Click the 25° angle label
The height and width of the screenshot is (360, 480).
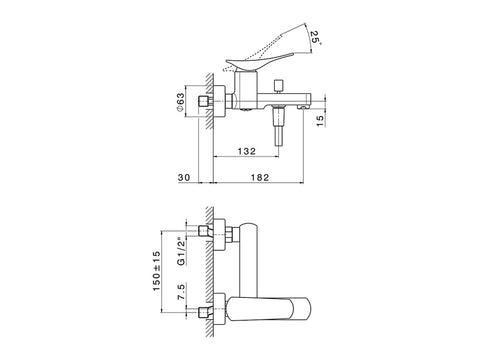[x=316, y=38]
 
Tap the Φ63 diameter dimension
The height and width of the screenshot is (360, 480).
[x=180, y=102]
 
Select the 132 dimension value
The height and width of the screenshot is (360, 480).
[x=247, y=151]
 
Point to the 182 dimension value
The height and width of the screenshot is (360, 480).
[x=260, y=177]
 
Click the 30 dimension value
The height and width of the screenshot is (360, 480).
[x=184, y=177]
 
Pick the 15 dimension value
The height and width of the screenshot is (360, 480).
[x=320, y=121]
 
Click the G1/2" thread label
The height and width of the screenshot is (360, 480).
[x=180, y=251]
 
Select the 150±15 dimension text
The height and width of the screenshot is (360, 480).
[x=156, y=271]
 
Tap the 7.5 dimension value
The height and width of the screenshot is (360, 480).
[x=180, y=292]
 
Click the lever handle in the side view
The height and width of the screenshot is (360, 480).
[x=259, y=60]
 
